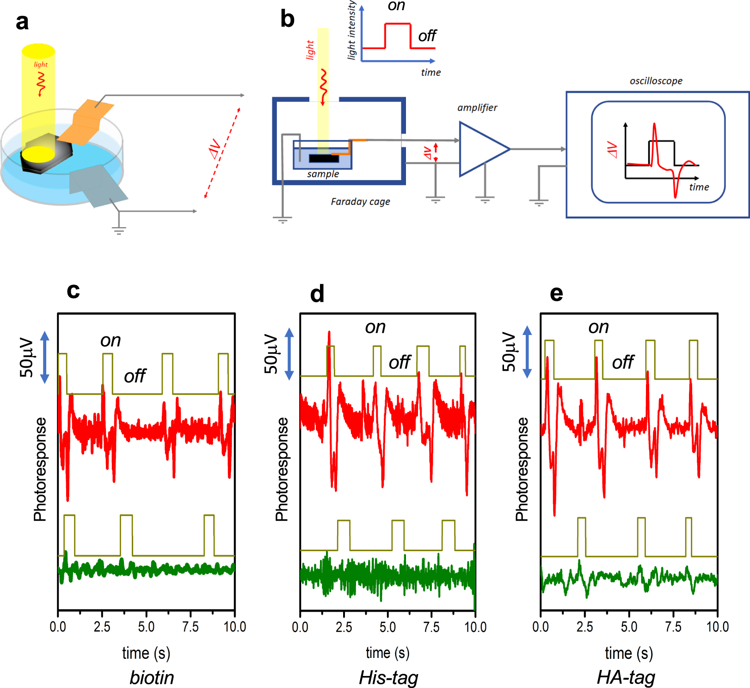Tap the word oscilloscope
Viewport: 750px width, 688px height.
(656, 81)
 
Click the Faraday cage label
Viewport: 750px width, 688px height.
(360, 202)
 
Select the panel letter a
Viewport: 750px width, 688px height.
(22, 22)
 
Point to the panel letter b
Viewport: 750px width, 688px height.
(287, 19)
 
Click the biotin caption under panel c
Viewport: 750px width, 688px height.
(152, 677)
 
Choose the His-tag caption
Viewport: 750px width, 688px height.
(388, 677)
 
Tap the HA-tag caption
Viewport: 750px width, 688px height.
(626, 677)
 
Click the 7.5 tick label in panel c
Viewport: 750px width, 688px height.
(191, 627)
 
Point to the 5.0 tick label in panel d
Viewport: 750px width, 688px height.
(387, 627)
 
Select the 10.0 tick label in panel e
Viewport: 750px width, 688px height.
(717, 627)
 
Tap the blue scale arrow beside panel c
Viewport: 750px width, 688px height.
(45, 357)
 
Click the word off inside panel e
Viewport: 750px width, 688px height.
(623, 362)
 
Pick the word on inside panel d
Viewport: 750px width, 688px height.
(375, 327)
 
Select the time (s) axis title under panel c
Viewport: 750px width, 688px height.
(146, 653)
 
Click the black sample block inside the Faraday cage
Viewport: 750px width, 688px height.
(324, 159)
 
